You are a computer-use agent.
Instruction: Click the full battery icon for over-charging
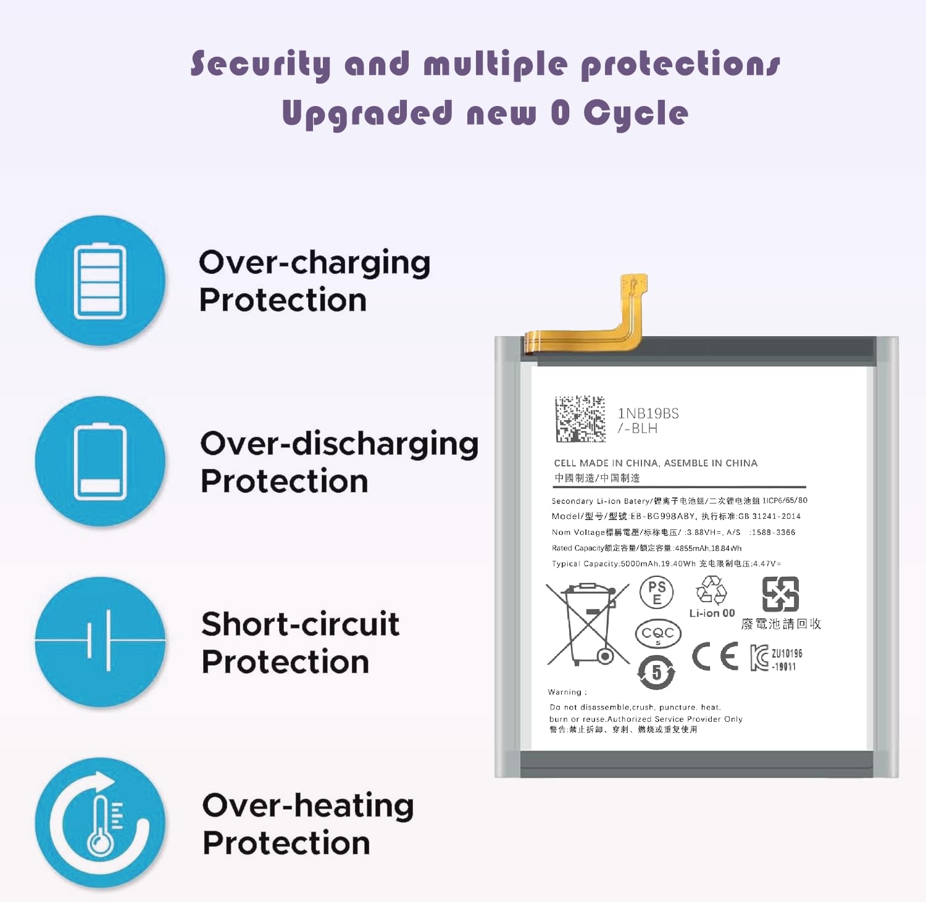[100, 281]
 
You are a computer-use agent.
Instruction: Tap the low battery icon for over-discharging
[100, 461]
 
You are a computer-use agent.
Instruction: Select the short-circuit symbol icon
[100, 641]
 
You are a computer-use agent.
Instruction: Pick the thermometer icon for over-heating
[100, 824]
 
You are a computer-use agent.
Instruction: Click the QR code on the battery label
[580, 419]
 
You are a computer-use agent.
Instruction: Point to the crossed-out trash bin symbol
[588, 623]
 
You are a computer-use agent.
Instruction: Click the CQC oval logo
[658, 634]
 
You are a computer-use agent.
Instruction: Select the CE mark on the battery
[715, 656]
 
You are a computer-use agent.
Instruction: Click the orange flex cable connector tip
[634, 285]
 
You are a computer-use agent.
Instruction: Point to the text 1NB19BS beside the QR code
[648, 413]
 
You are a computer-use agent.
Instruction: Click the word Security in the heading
[261, 65]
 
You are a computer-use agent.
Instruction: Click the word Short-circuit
[300, 624]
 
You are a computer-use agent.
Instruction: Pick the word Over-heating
[307, 806]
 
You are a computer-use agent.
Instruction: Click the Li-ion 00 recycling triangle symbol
[712, 590]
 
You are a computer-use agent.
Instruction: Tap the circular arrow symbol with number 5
[656, 672]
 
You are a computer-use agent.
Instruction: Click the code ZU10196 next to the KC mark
[786, 653]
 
